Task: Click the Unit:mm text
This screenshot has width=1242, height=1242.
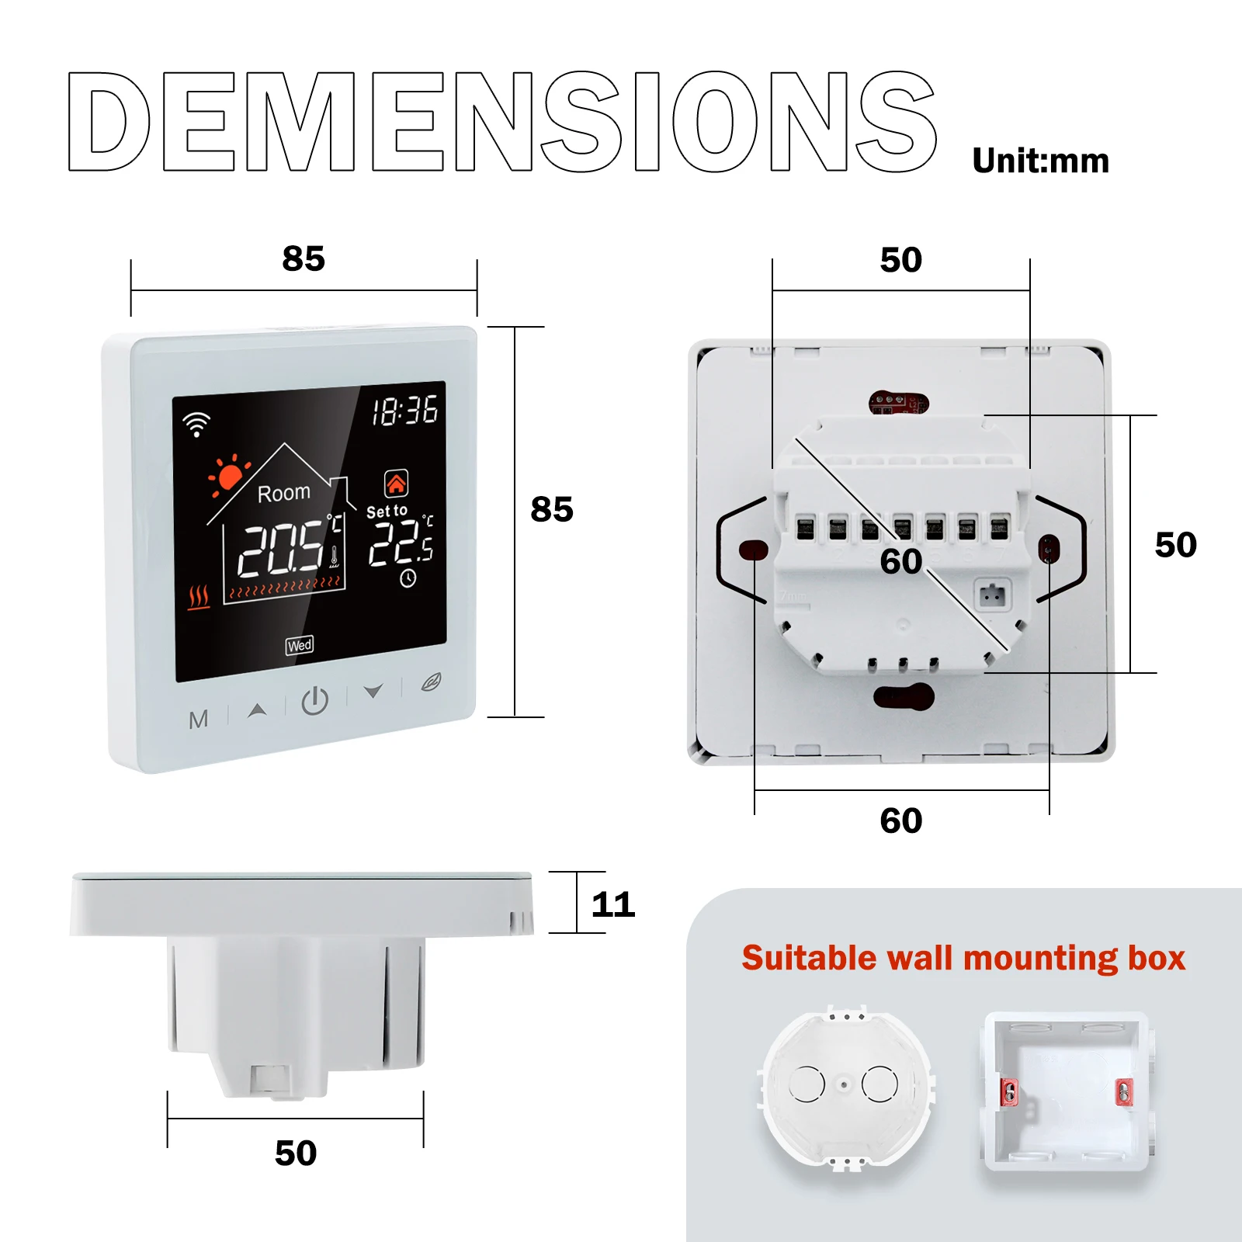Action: [1040, 161]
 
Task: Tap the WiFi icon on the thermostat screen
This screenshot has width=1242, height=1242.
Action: [196, 424]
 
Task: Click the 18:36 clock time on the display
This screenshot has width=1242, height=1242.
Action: [404, 411]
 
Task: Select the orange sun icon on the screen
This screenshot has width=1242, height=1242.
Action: [228, 476]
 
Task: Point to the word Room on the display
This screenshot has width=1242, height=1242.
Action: [283, 493]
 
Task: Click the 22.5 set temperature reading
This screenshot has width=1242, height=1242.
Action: [401, 543]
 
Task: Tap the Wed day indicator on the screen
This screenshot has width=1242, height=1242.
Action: [300, 645]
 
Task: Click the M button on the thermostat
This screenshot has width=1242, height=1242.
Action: [198, 720]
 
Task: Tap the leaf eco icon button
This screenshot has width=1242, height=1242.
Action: [431, 682]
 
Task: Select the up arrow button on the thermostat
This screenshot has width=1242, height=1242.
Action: [257, 709]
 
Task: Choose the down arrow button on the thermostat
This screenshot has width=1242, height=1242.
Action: [373, 690]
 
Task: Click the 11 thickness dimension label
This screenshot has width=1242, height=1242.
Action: [613, 904]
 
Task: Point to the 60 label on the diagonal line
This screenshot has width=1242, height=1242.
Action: [901, 561]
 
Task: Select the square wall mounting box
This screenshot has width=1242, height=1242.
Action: [1066, 1091]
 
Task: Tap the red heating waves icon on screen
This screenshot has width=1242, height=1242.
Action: [199, 597]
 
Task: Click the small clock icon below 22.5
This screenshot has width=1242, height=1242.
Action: [408, 578]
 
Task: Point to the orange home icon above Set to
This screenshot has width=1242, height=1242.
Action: [396, 484]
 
